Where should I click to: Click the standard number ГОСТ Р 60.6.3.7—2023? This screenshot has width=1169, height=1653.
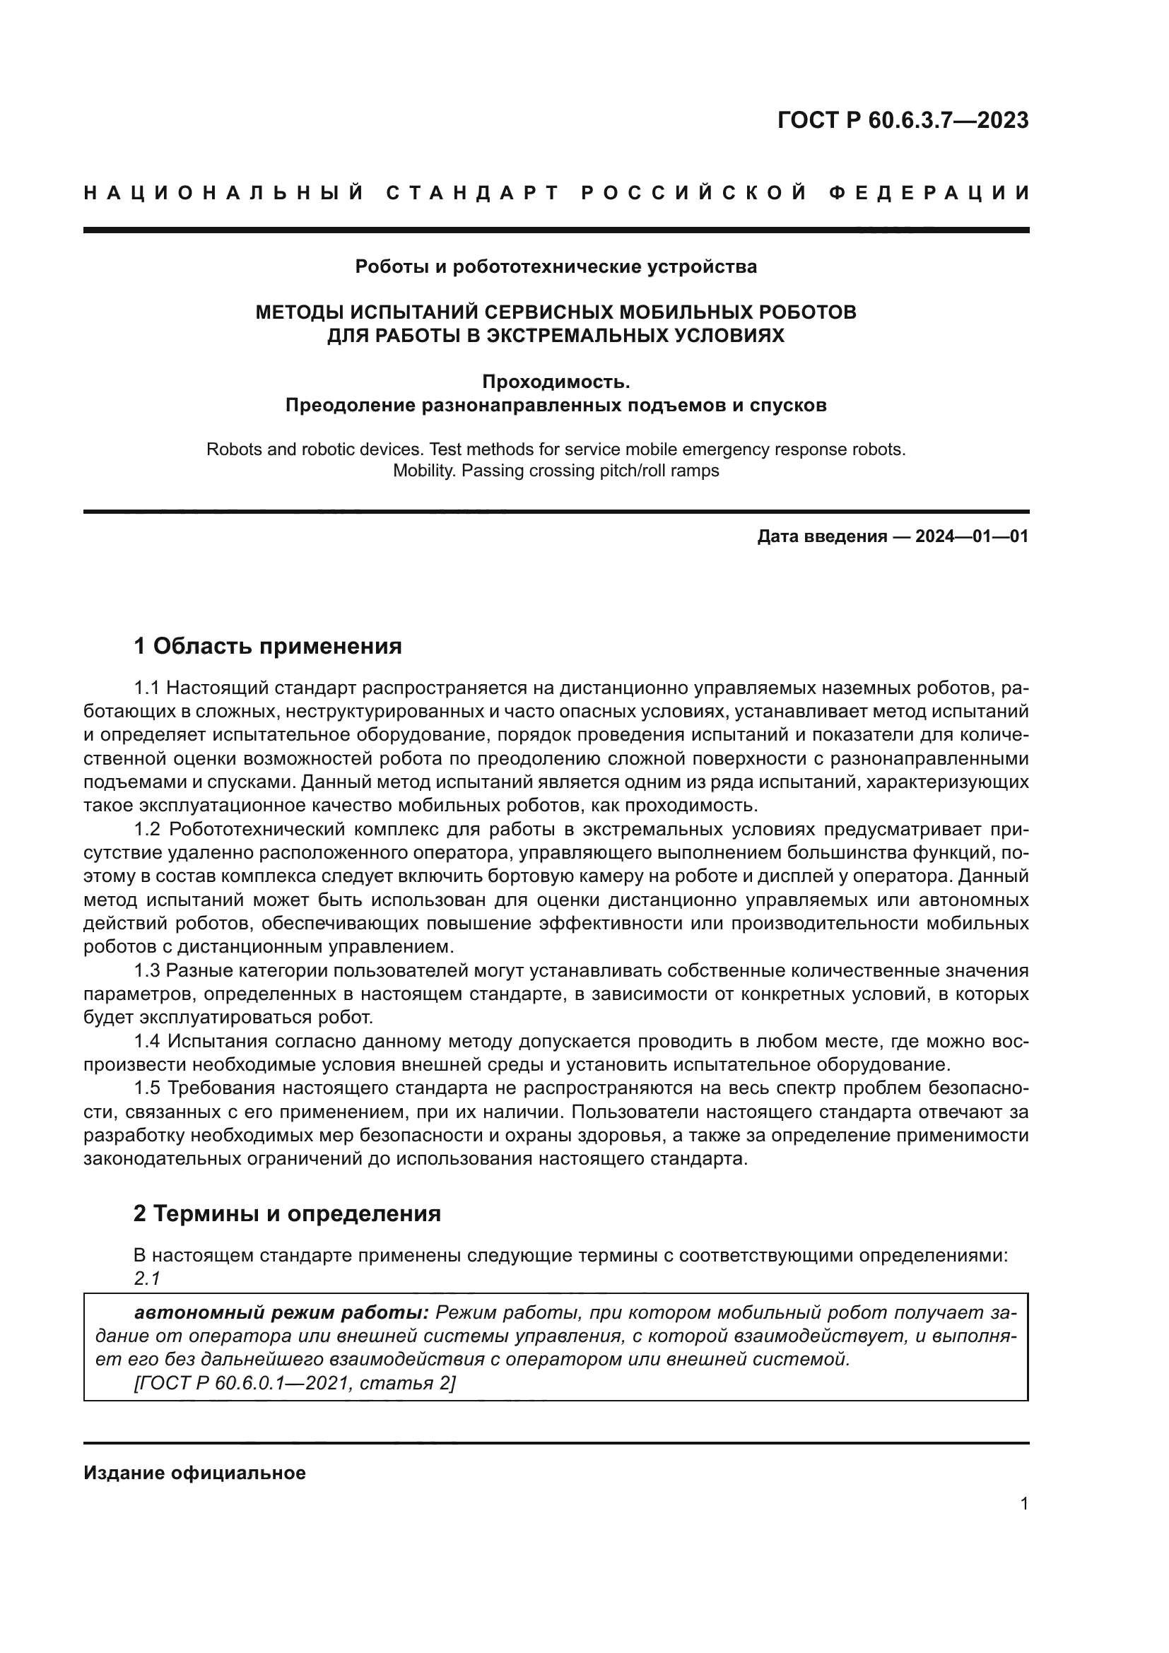(903, 120)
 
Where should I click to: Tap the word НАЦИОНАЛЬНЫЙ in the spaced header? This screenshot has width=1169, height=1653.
(224, 193)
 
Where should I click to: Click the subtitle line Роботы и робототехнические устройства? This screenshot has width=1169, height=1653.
(556, 267)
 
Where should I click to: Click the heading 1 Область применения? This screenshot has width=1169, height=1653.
(268, 646)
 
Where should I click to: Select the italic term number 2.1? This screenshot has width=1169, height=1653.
(146, 1278)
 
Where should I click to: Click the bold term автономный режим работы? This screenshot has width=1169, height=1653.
(281, 1312)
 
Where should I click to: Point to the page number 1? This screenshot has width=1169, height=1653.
(1023, 1504)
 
